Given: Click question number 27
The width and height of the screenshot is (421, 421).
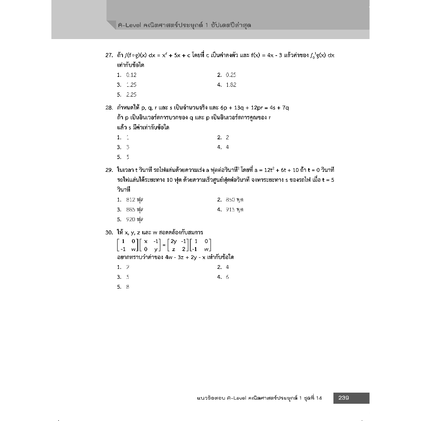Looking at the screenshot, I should (x=109, y=55).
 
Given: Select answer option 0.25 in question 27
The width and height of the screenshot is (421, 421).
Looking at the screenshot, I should (x=231, y=75).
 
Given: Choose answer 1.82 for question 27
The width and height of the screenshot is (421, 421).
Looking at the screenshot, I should (x=231, y=85).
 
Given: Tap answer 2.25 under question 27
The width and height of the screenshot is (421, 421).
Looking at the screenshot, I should (x=131, y=95).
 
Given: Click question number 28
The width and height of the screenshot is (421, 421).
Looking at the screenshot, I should (x=109, y=108).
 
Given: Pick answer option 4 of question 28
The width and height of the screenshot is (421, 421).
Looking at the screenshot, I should (x=227, y=147).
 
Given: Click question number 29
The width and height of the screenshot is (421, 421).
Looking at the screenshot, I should (x=109, y=170).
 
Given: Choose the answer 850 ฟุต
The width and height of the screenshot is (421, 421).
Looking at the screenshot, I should (x=235, y=200).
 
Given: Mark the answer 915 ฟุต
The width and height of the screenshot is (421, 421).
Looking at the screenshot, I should (x=235, y=210).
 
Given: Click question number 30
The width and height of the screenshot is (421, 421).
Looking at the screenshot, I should (x=109, y=232).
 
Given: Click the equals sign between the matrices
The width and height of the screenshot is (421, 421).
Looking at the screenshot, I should (x=164, y=245).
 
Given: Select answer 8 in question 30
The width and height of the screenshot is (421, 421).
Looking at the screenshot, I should (x=128, y=287).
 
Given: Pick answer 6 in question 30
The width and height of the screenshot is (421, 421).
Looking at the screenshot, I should (x=227, y=277).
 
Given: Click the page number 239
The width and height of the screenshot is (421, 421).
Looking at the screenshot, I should (x=343, y=398).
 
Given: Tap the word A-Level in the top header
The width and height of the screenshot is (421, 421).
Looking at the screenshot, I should (x=130, y=25).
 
